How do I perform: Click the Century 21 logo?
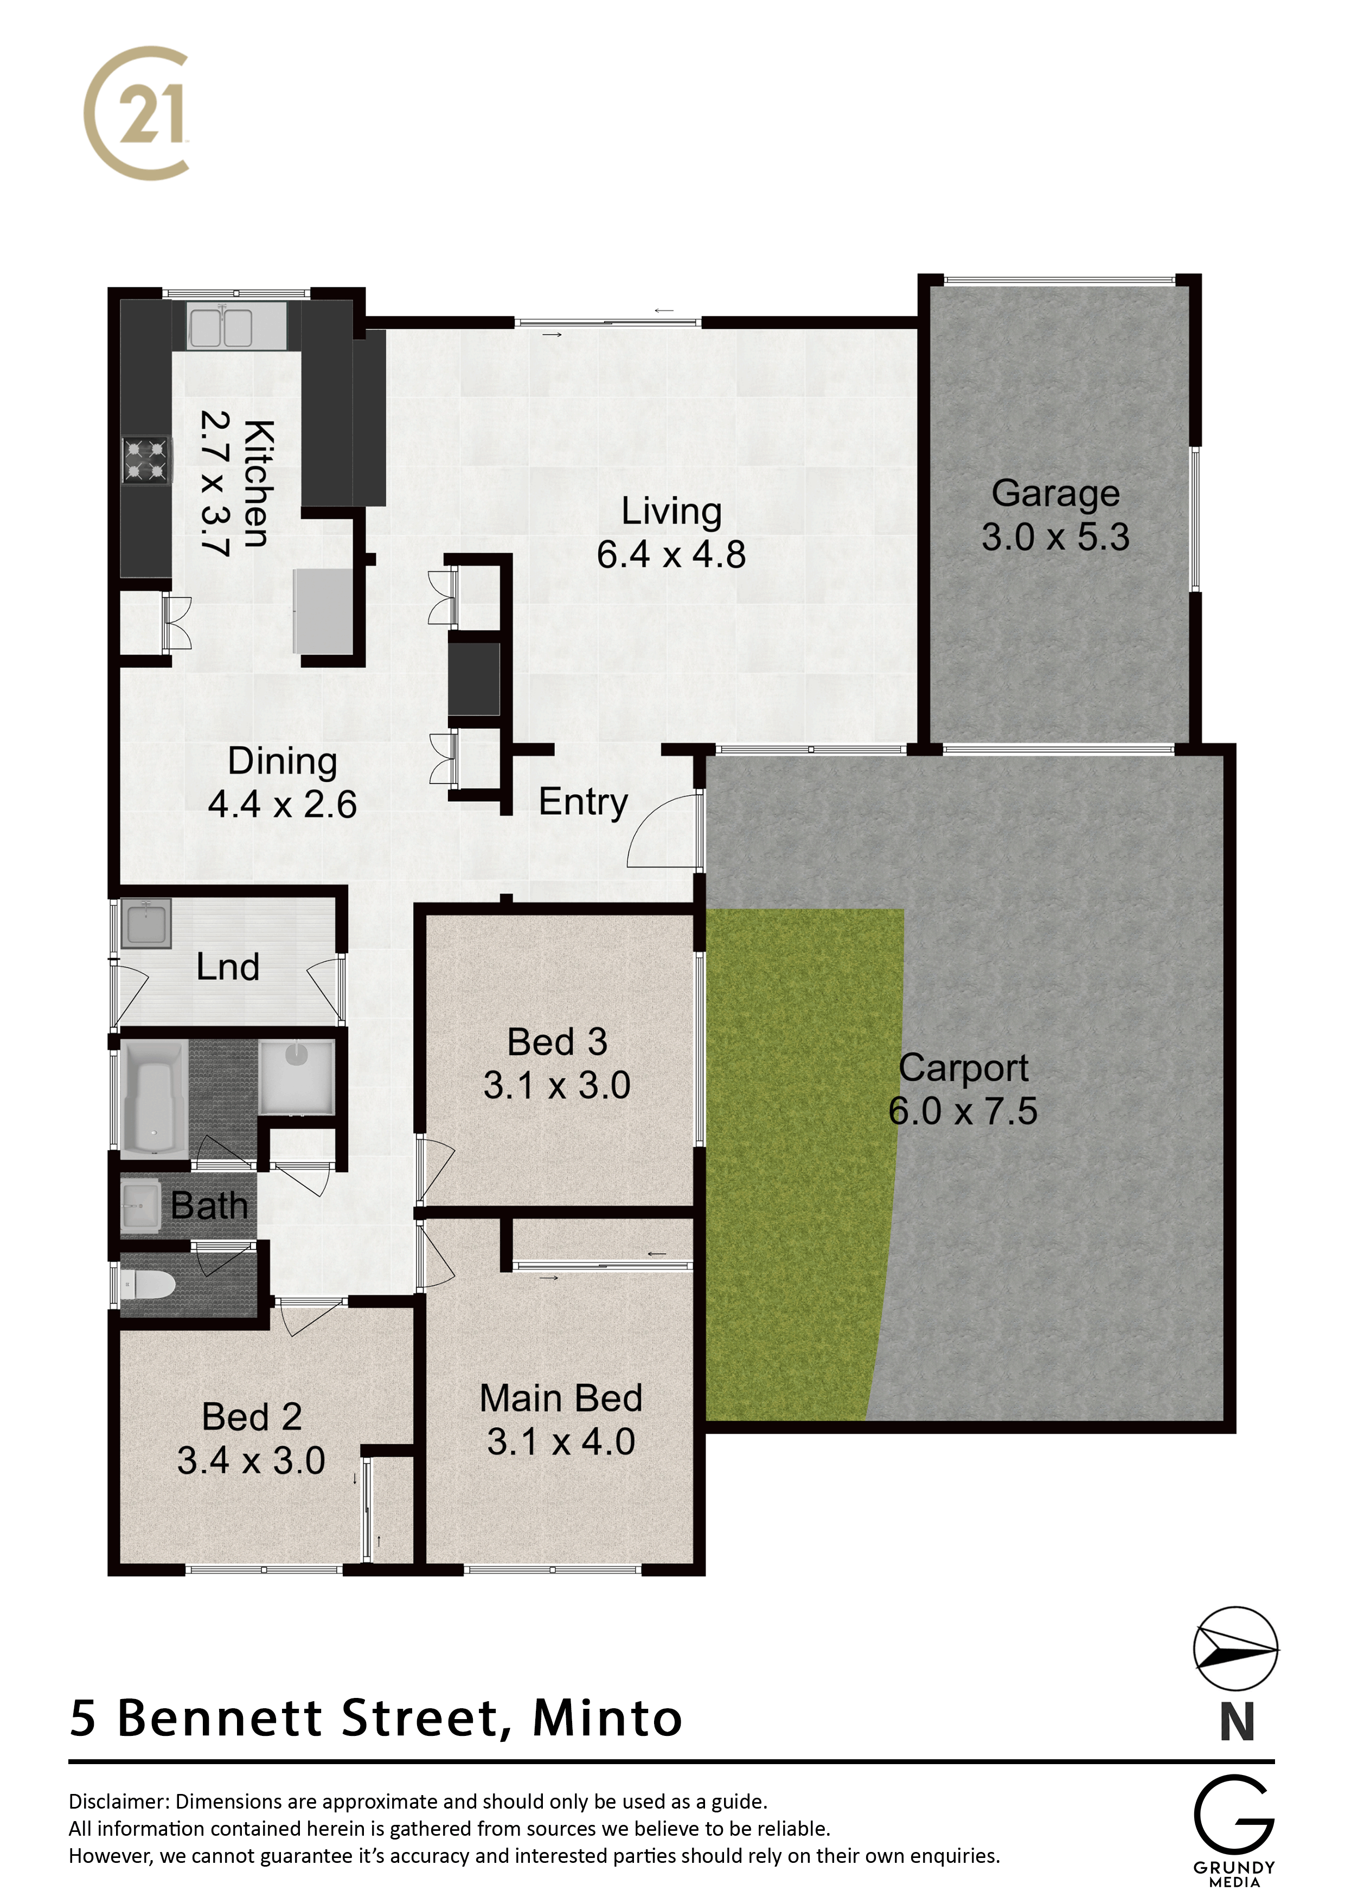coord(137,113)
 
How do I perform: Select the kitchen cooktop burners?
coord(146,460)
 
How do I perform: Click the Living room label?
coord(671,512)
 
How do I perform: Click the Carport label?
coord(963,1068)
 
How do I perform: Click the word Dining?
coord(283,762)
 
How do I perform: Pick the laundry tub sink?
coord(146,923)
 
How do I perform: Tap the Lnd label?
coord(228,967)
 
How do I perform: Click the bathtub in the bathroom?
coord(154,1098)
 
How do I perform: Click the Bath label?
coord(210,1205)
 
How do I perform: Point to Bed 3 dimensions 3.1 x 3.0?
coord(557,1085)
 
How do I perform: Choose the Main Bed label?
coord(561,1398)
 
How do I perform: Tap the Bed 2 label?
coord(252,1416)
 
